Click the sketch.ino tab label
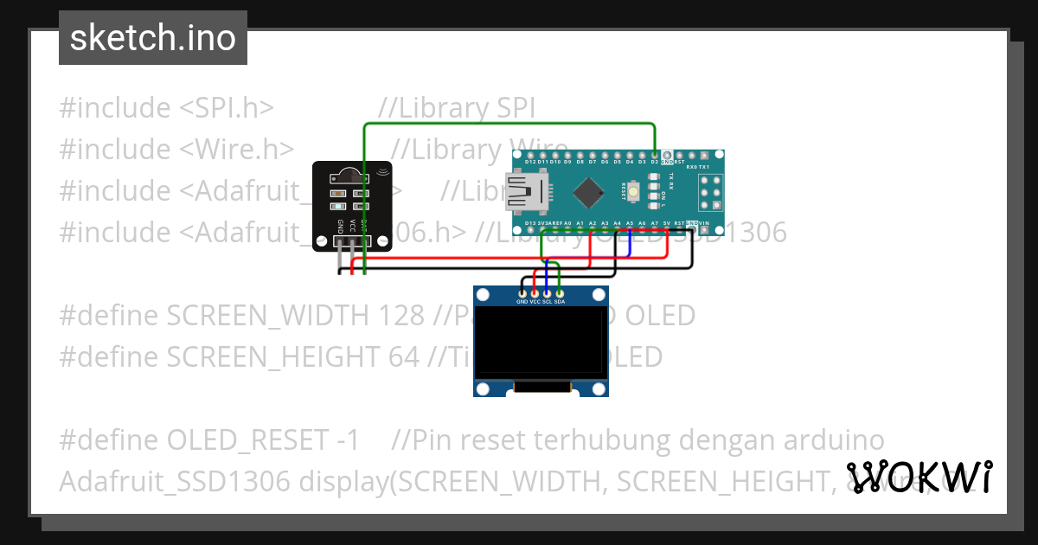tap(152, 38)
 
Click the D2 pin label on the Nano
tap(654, 162)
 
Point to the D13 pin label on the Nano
tap(529, 224)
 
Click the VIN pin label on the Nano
tap(704, 224)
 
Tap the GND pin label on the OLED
tap(522, 302)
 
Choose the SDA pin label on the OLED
tap(560, 302)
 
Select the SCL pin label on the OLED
tap(548, 302)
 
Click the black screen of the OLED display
tap(541, 345)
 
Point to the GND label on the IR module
tap(341, 227)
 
